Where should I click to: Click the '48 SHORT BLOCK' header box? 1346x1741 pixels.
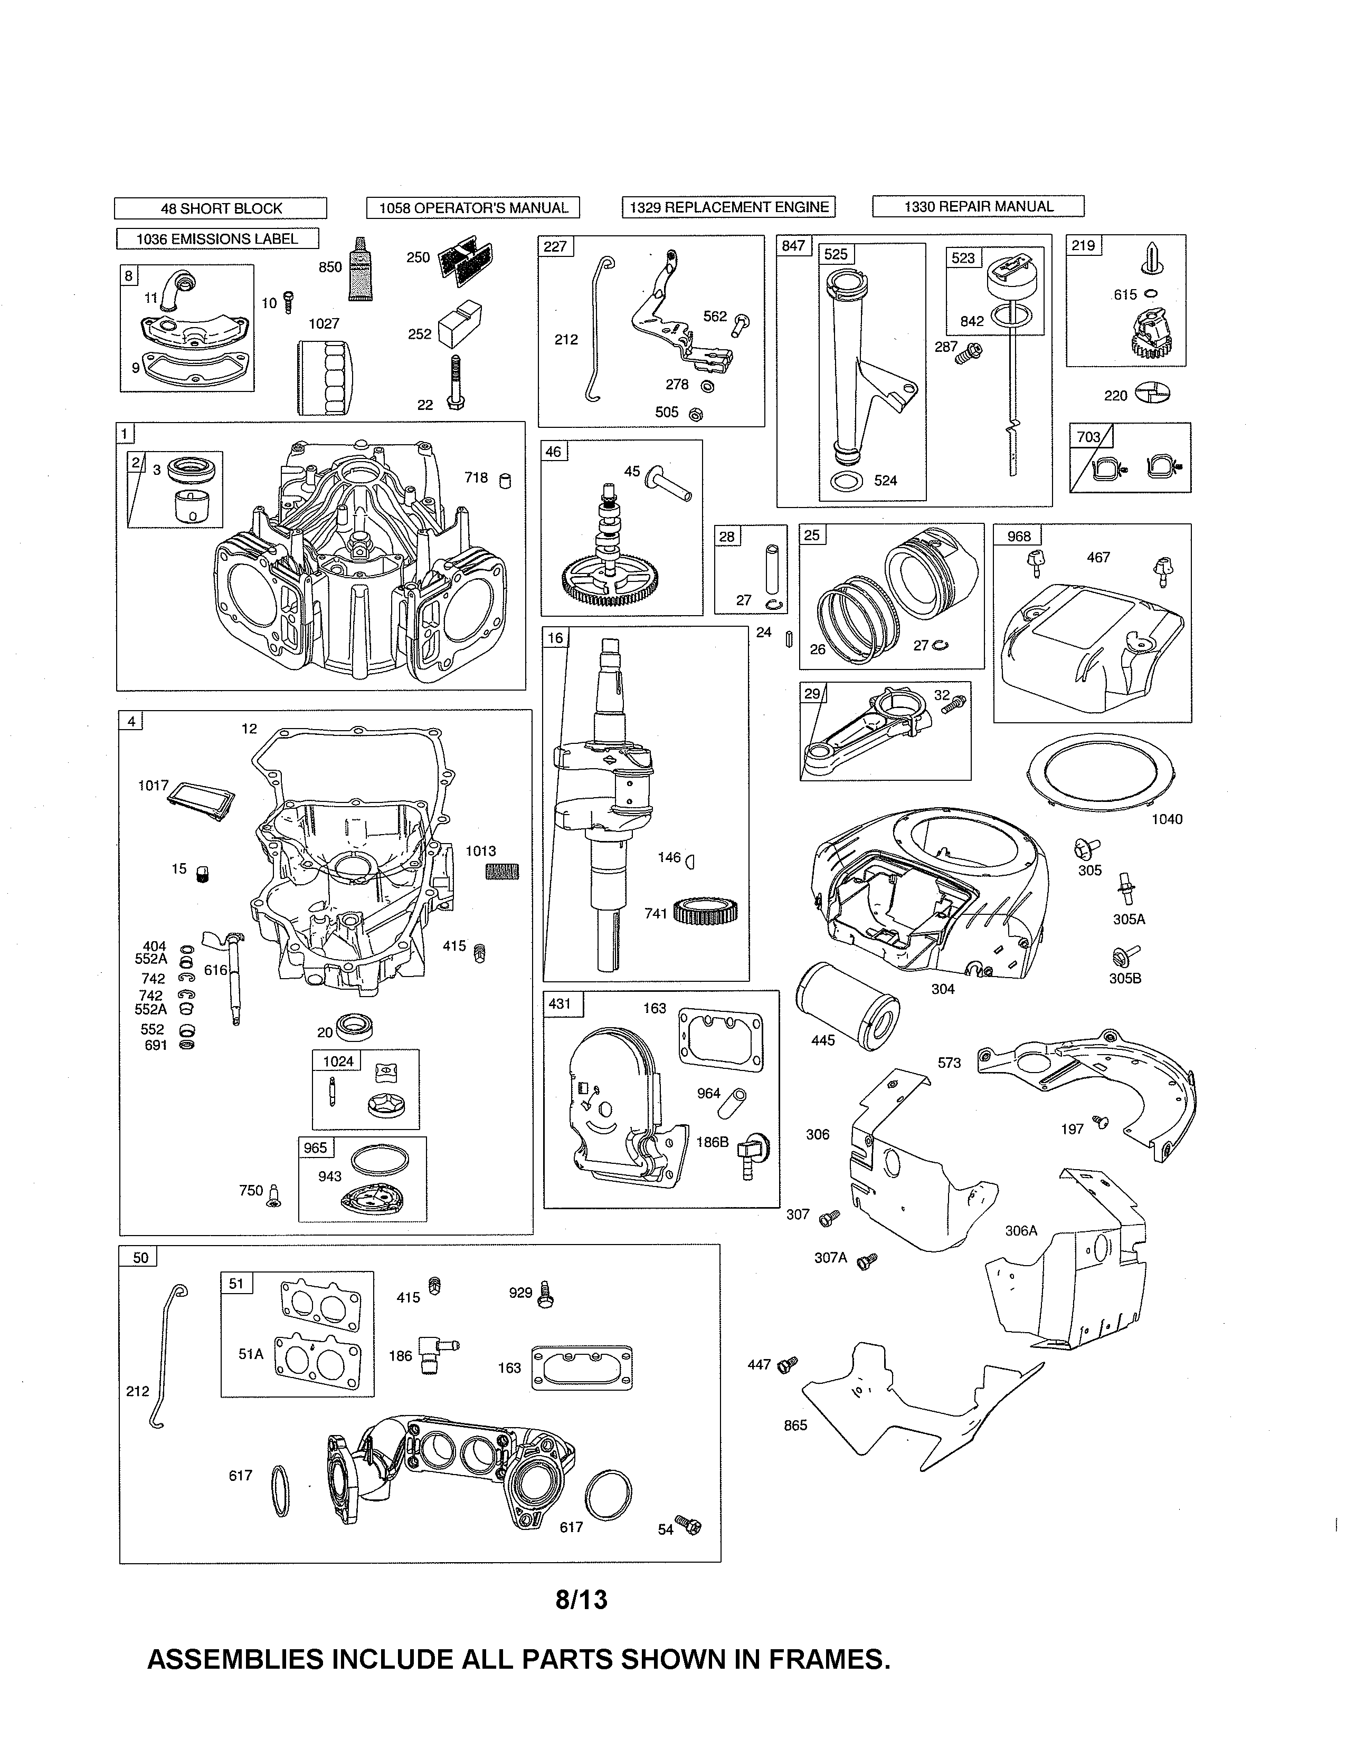(221, 208)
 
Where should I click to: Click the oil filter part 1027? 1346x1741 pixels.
(325, 378)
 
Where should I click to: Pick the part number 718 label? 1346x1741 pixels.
(476, 477)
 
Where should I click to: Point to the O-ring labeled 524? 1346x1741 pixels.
(847, 482)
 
